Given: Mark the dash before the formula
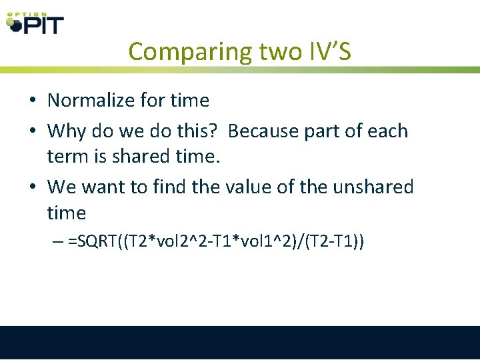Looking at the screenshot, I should pos(58,241).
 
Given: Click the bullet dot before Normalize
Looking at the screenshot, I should pos(32,101).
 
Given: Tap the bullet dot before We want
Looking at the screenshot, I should pos(32,187).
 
